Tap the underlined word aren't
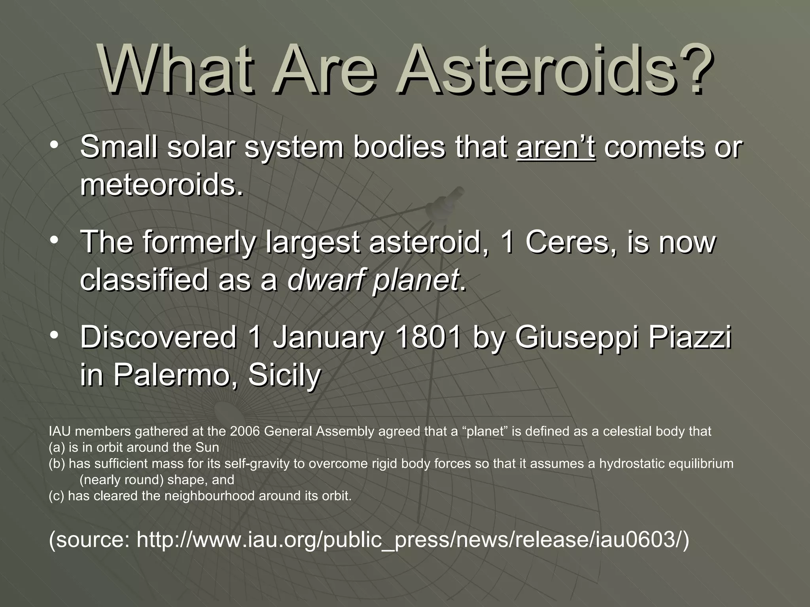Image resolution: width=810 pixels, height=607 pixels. [x=556, y=147]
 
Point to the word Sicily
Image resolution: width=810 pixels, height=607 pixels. [x=284, y=375]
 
